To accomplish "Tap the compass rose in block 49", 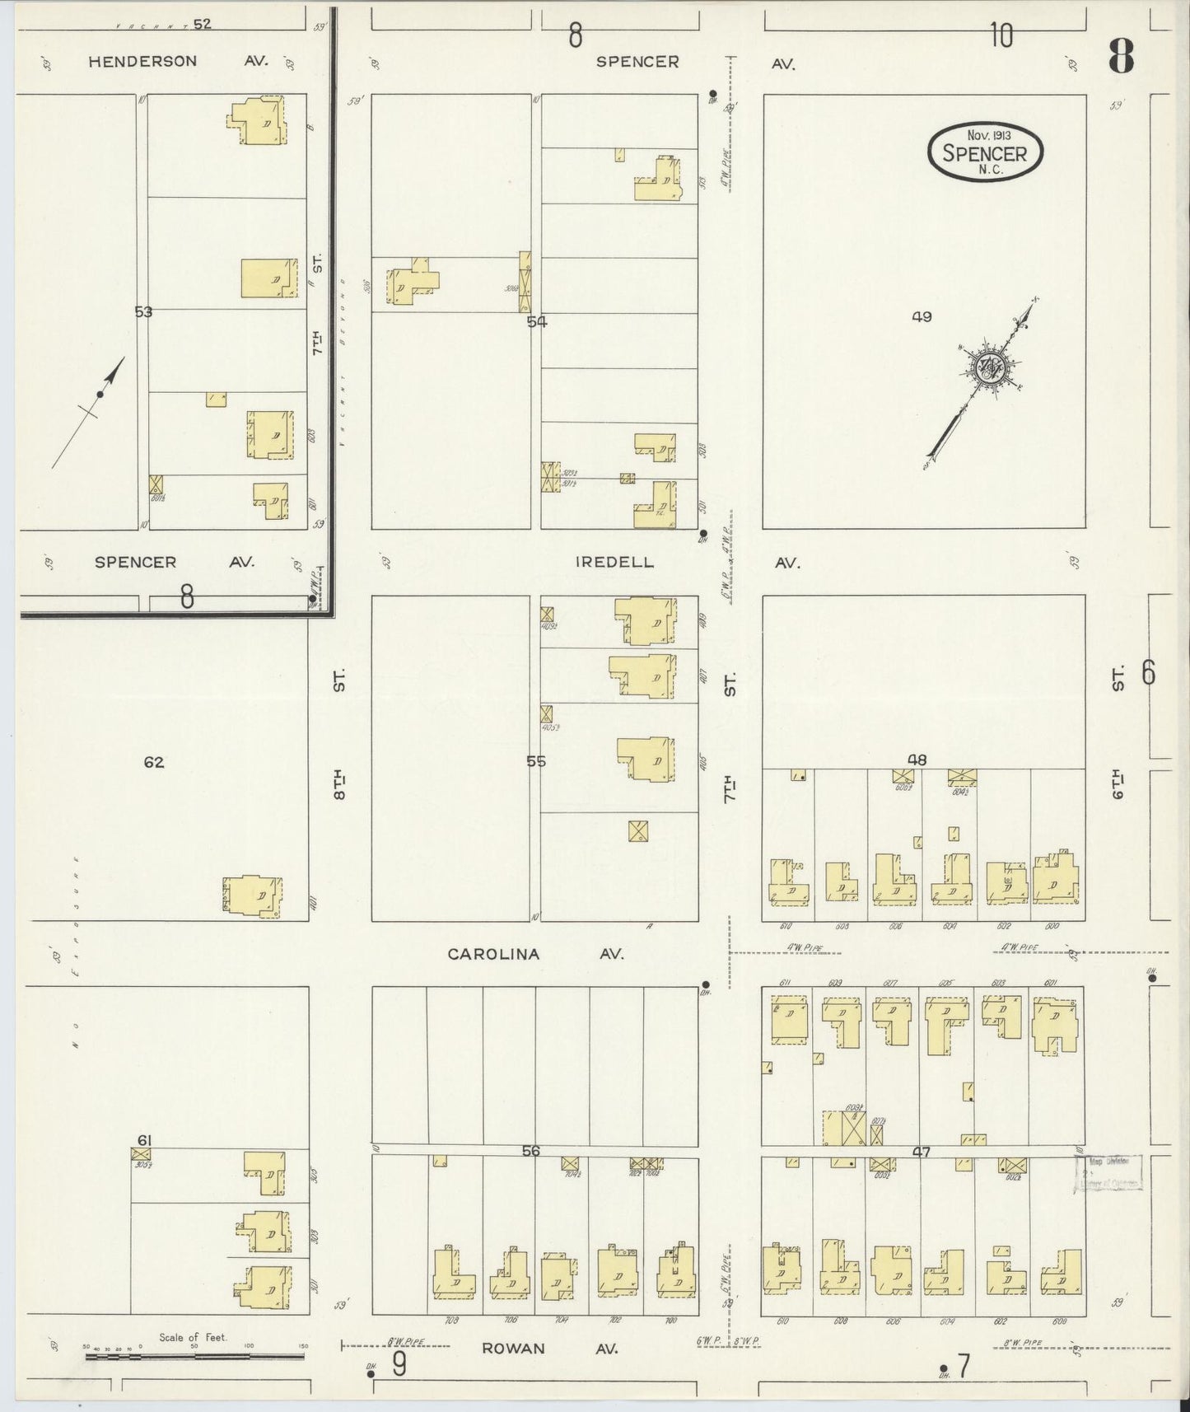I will [x=985, y=368].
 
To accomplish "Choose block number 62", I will [x=154, y=762].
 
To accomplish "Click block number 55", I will [x=536, y=762].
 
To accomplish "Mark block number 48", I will [x=917, y=760].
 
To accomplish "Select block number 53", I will [x=144, y=312].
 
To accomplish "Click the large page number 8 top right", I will [x=1121, y=55].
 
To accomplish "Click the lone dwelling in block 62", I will [x=254, y=896].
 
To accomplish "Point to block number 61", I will [x=144, y=1140].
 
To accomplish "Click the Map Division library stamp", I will [x=1108, y=1173].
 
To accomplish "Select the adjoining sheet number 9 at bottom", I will [x=399, y=1365].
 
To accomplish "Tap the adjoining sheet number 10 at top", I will [x=1001, y=35].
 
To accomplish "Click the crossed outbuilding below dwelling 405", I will [x=637, y=830].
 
